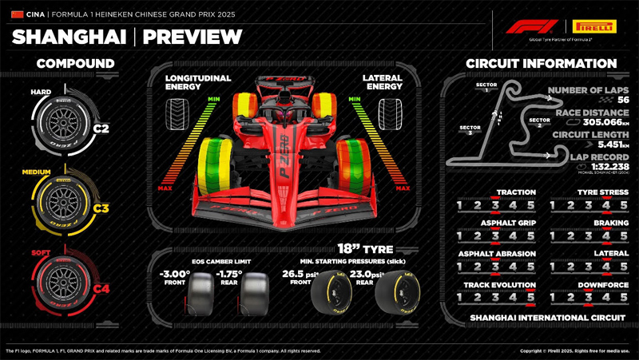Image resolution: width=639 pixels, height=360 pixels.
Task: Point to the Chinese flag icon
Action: [18, 13]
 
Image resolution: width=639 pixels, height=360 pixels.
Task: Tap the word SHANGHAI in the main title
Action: [69, 37]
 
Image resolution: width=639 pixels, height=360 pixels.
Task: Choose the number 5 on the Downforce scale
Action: [624, 298]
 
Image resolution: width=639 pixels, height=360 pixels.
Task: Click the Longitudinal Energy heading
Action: [199, 83]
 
